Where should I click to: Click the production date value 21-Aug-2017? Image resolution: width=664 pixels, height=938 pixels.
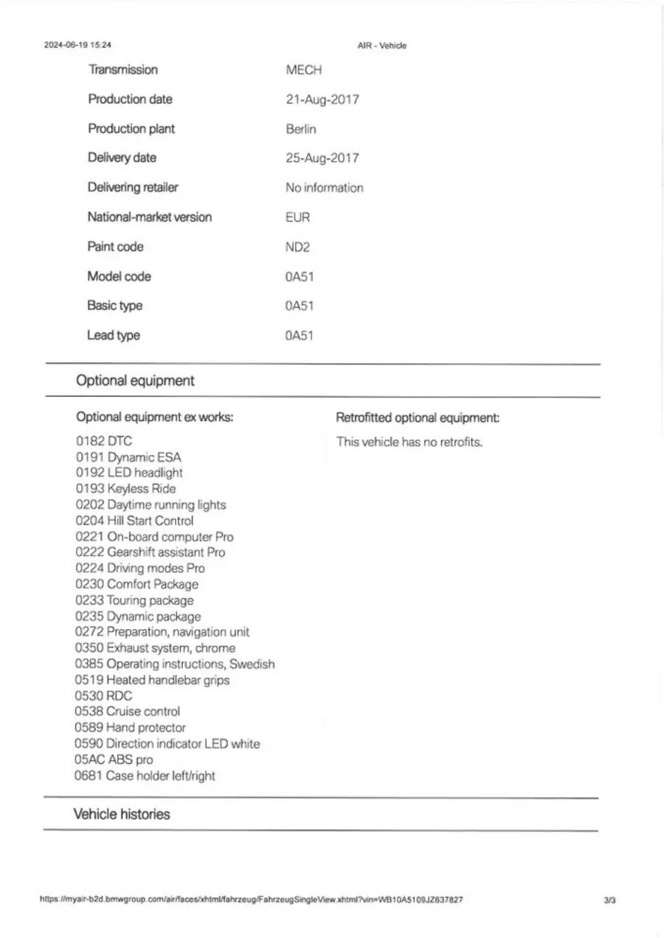click(322, 100)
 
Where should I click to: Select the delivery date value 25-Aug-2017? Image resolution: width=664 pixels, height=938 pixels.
click(322, 159)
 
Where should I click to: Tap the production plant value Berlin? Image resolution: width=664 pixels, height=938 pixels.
click(301, 129)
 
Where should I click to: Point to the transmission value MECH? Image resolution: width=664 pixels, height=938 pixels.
click(304, 70)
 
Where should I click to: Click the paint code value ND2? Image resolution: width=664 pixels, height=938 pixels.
click(298, 247)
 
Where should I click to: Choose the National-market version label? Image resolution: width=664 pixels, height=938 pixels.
click(150, 218)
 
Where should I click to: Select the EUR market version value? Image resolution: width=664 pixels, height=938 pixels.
click(298, 218)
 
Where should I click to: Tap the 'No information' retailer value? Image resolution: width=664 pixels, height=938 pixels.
click(325, 188)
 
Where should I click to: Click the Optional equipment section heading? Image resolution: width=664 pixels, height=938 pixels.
click(136, 381)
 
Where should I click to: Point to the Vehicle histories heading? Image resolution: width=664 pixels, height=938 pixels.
click(122, 815)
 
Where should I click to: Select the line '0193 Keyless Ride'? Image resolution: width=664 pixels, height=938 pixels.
click(126, 489)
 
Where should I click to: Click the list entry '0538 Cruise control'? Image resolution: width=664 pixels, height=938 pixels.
click(128, 712)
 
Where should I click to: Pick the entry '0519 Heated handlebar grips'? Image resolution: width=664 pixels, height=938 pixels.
click(153, 680)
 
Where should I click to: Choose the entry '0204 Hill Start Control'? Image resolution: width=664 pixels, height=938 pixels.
click(134, 521)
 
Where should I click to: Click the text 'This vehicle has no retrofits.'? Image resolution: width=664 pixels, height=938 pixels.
click(409, 442)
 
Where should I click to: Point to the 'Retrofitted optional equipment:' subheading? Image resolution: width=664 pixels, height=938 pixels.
click(418, 418)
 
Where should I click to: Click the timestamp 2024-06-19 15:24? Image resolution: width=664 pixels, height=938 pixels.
click(78, 45)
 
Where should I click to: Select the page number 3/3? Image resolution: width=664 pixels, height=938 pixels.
click(609, 900)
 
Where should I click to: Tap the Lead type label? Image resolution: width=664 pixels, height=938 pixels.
click(114, 336)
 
